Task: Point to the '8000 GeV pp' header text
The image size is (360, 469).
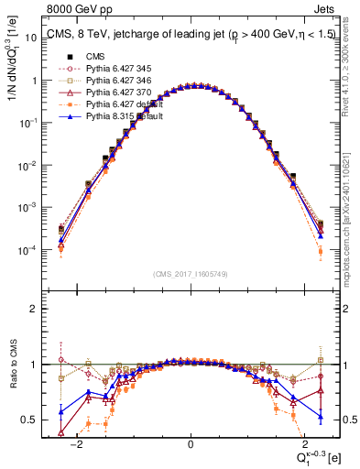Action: point(75,11)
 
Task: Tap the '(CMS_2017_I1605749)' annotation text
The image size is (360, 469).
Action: point(190,275)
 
